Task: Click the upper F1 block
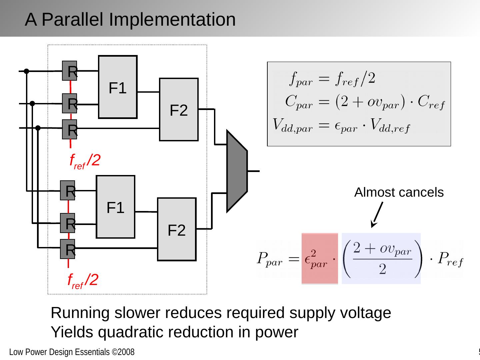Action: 118,87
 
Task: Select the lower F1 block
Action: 115,207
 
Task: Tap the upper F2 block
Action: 179,110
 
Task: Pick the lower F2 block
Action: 177,229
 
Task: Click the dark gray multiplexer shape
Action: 237,171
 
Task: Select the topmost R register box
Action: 70,71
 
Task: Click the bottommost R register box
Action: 68,249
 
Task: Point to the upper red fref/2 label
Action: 85,161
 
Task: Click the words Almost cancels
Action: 399,192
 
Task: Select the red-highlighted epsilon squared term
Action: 319,259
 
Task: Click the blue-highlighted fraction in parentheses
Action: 381,259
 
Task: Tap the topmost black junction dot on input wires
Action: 26,71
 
